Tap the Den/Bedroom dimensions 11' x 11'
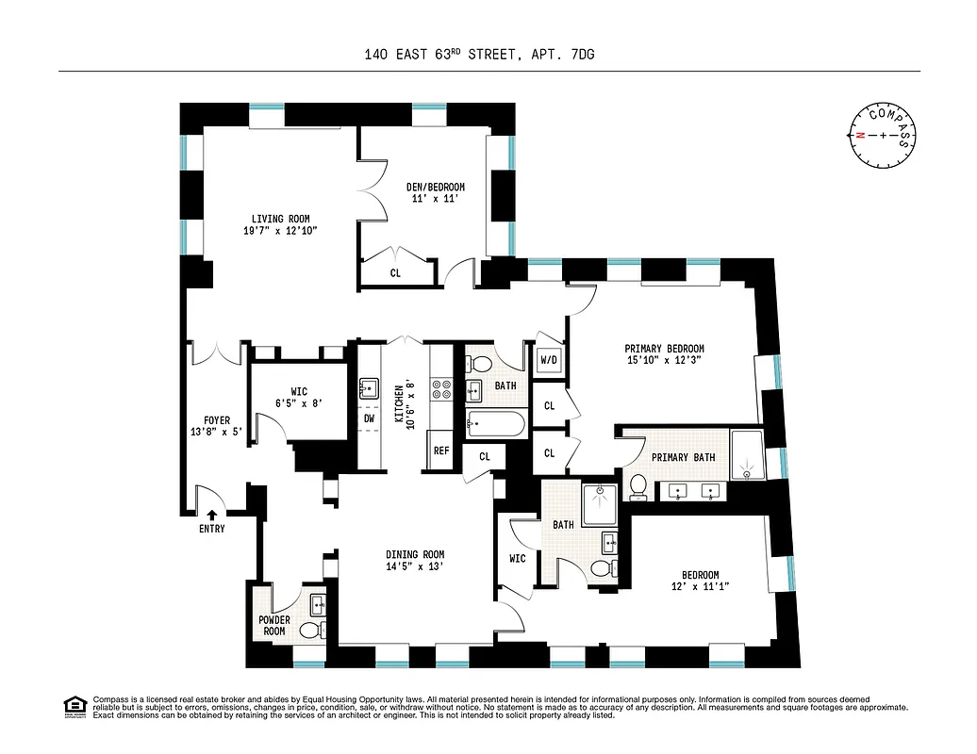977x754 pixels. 437,199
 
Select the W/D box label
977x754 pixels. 548,360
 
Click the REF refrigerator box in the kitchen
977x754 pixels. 440,451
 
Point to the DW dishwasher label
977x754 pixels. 369,418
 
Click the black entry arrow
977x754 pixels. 211,515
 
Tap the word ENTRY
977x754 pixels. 211,529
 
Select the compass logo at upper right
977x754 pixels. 882,135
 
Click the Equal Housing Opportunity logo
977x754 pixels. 75,706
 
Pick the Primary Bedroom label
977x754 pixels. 665,349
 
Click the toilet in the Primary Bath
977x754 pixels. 638,485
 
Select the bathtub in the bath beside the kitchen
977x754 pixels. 494,424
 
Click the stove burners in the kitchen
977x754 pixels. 441,386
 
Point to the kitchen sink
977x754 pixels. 368,386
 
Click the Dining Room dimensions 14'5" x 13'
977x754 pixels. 414,567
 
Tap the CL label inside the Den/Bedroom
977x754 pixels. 395,273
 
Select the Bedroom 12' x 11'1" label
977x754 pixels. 701,581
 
